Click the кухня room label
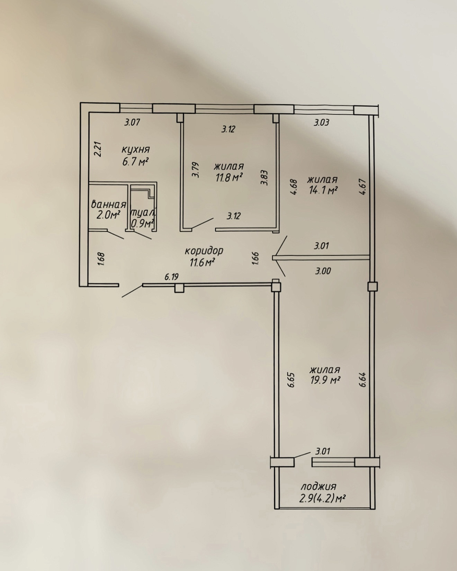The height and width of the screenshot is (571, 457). tap(136, 150)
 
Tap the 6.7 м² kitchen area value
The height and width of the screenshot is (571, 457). tap(135, 162)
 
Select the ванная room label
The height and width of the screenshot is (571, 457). tap(108, 204)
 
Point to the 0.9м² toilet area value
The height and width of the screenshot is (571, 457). tap(142, 224)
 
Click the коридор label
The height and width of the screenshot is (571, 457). tap(204, 251)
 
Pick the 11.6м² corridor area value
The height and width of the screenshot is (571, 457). tap(202, 263)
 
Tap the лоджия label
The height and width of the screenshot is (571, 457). tap(318, 487)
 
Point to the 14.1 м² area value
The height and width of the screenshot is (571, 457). tap(322, 191)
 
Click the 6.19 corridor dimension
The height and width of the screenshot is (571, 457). tap(171, 277)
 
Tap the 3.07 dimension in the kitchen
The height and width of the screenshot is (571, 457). tap(132, 122)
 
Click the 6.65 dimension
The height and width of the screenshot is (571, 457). tap(291, 380)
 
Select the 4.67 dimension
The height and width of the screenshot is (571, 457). tap(363, 187)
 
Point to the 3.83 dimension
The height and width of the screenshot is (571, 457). tap(265, 178)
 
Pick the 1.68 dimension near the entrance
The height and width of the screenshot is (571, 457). tap(101, 259)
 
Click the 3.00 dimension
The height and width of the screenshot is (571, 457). tap(323, 271)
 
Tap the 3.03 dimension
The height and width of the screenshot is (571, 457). tap(321, 122)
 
